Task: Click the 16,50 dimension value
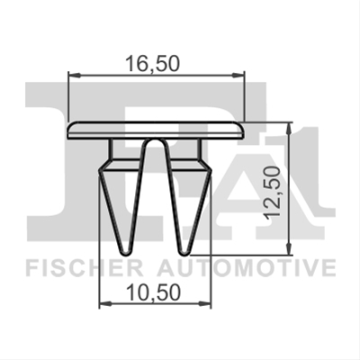[x=152, y=64]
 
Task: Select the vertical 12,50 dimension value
[x=273, y=193]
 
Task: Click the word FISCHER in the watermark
[x=85, y=268]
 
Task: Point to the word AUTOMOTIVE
[x=247, y=268]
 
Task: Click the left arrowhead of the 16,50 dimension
[x=75, y=74]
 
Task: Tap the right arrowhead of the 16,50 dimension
[x=238, y=74]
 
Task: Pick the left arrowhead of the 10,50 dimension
[x=105, y=303]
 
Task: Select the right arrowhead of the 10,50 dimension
[x=205, y=303]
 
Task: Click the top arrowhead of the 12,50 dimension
[x=289, y=129]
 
